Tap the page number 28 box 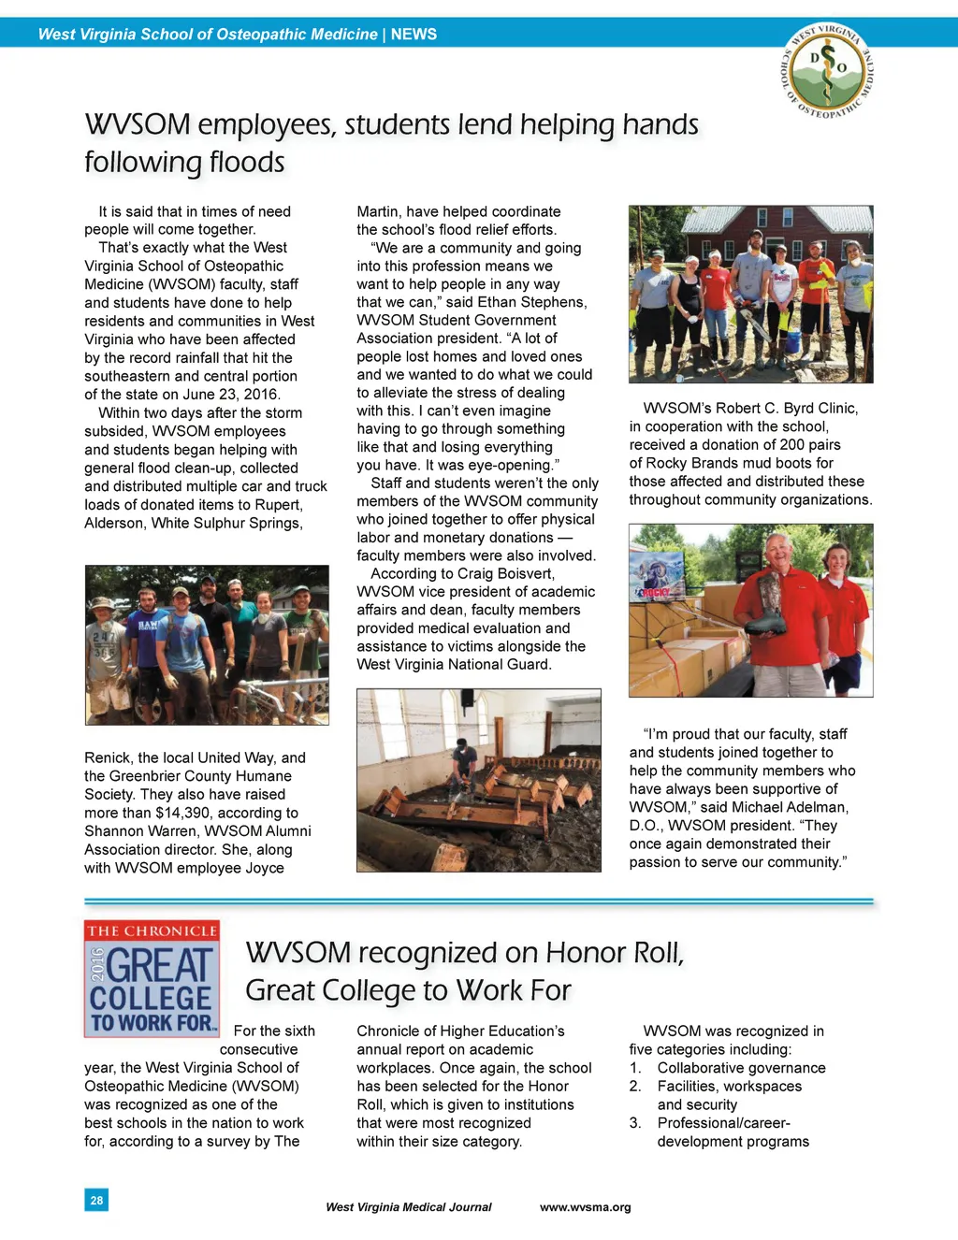[x=96, y=1200]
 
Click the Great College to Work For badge [x=152, y=978]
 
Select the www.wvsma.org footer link [x=585, y=1207]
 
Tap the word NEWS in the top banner [x=414, y=35]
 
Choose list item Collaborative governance [x=741, y=1068]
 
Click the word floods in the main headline [x=247, y=162]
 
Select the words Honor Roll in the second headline [x=614, y=953]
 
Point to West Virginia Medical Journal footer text [x=408, y=1207]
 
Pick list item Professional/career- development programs [x=733, y=1132]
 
